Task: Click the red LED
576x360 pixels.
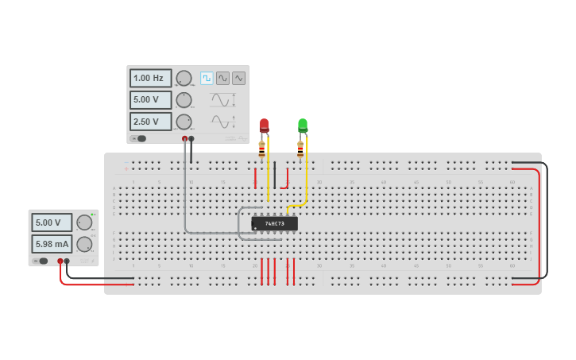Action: (x=264, y=125)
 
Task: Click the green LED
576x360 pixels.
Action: (x=303, y=125)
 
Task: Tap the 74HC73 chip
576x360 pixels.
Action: (x=274, y=223)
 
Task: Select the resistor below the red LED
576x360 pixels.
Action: (x=261, y=148)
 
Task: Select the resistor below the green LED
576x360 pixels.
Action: (x=300, y=148)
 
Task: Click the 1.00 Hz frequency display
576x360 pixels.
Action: (x=150, y=78)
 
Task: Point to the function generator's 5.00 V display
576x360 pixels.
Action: (x=150, y=100)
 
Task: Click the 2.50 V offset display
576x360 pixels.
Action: (x=150, y=122)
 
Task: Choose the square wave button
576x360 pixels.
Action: (x=207, y=78)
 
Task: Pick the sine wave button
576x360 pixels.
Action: (x=222, y=78)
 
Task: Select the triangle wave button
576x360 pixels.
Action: (x=238, y=78)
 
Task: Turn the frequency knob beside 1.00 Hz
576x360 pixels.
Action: (x=184, y=78)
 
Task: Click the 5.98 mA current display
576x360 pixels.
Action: (x=52, y=244)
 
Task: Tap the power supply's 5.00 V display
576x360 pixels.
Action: (x=52, y=223)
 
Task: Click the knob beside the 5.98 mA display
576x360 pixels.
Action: (x=83, y=244)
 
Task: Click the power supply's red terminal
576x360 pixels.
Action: (x=60, y=261)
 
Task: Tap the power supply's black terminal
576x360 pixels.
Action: (x=67, y=261)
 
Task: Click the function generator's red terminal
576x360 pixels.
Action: (x=184, y=138)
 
